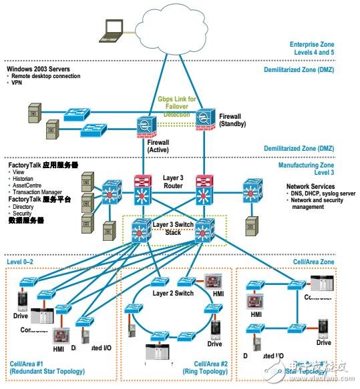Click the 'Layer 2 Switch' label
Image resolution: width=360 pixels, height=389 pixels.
click(x=174, y=292)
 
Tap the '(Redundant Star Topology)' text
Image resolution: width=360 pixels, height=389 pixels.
click(x=47, y=371)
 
